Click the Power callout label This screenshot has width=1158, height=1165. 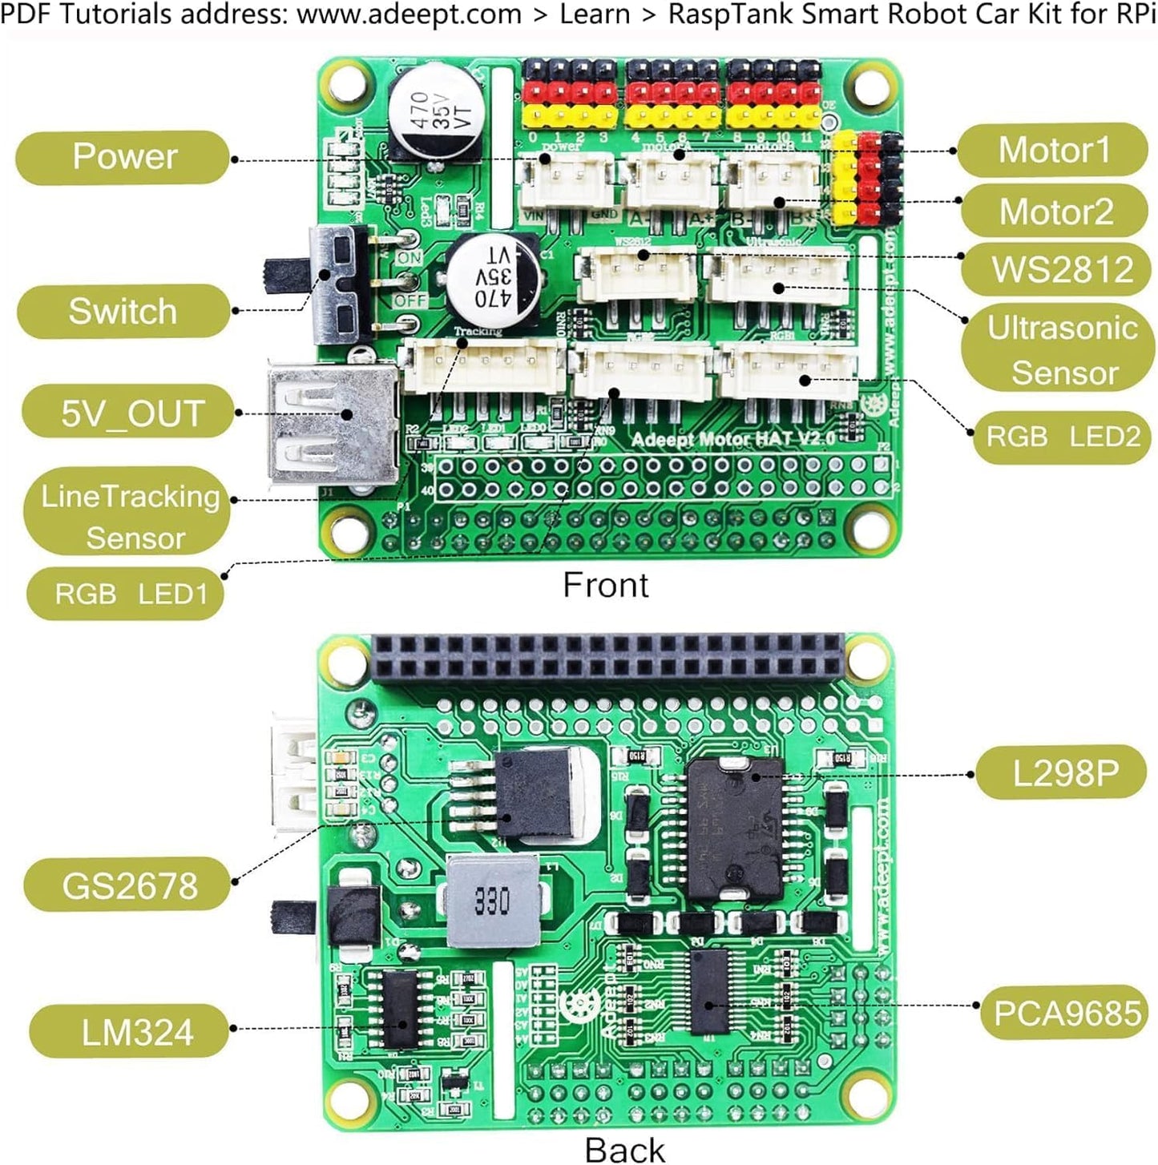[123, 157]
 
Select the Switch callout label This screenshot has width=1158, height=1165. [123, 311]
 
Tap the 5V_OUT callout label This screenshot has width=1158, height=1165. [131, 413]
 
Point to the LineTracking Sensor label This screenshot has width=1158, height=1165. [128, 516]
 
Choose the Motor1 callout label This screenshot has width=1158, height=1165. [1053, 150]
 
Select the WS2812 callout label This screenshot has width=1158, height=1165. [1061, 268]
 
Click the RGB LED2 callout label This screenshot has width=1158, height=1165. [1061, 437]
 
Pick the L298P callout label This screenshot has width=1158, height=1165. [1063, 773]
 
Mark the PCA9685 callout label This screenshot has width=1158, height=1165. [1066, 1013]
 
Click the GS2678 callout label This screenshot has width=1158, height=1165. [128, 885]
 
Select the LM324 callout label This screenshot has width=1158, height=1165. [136, 1031]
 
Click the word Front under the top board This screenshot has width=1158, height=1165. [605, 585]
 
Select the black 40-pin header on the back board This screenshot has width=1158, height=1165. [607, 656]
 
